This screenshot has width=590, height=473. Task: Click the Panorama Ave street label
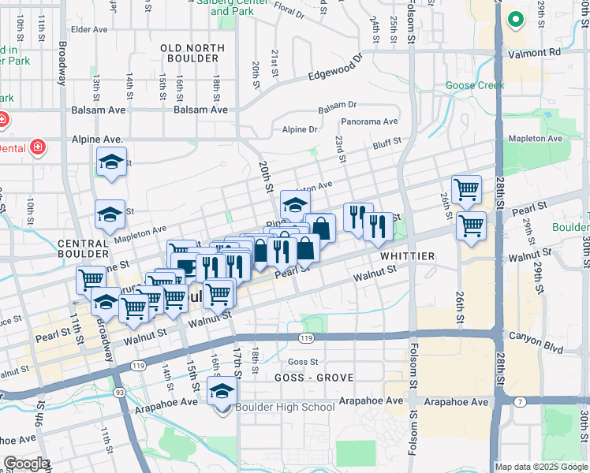click(x=369, y=121)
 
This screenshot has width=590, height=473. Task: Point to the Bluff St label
click(x=386, y=142)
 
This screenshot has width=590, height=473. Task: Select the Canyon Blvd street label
click(x=542, y=342)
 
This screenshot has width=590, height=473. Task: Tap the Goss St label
click(x=303, y=362)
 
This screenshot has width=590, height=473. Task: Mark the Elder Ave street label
click(x=89, y=30)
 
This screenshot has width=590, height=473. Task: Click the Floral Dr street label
click(x=289, y=13)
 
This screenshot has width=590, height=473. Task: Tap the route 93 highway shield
click(x=119, y=392)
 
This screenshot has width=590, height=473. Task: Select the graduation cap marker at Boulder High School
click(x=222, y=392)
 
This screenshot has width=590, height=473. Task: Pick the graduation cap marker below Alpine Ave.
click(x=111, y=162)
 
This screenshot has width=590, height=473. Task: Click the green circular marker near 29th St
click(x=516, y=19)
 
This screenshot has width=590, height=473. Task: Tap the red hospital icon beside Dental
click(x=35, y=147)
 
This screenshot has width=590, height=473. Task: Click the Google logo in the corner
click(x=26, y=463)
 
